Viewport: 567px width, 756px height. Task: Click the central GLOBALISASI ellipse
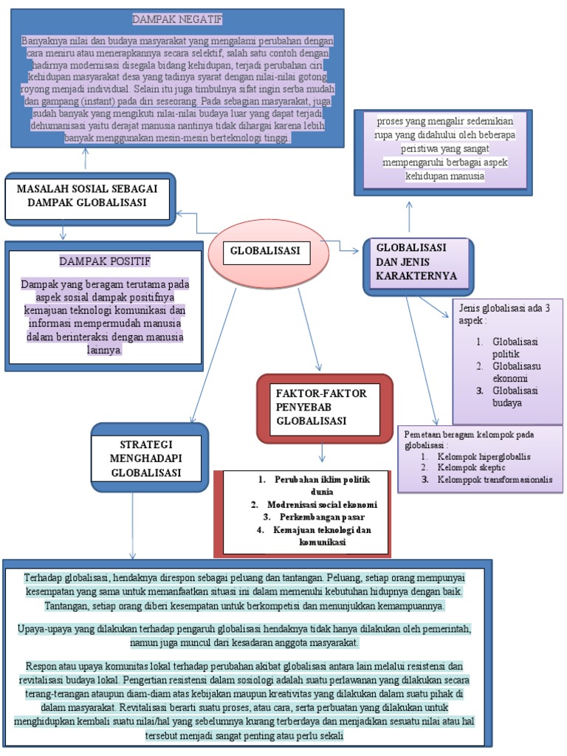[265, 255]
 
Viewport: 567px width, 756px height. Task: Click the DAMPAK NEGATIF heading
[177, 18]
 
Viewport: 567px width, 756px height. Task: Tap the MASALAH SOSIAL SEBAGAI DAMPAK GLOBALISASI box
[89, 197]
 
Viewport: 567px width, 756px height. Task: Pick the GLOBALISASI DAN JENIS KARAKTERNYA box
[416, 263]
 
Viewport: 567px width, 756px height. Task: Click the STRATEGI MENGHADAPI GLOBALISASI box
[150, 458]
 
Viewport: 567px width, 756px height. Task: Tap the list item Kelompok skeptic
[472, 468]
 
